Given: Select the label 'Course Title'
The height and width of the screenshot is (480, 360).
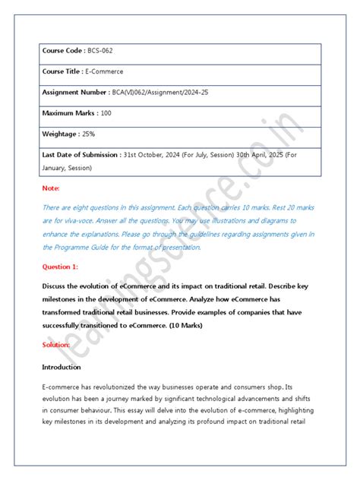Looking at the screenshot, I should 62,71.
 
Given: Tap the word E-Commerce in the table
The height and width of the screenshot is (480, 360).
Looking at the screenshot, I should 106,71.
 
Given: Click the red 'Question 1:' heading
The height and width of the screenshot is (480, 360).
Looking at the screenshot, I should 60,267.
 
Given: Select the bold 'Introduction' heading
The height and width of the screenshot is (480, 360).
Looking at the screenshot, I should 62,367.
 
